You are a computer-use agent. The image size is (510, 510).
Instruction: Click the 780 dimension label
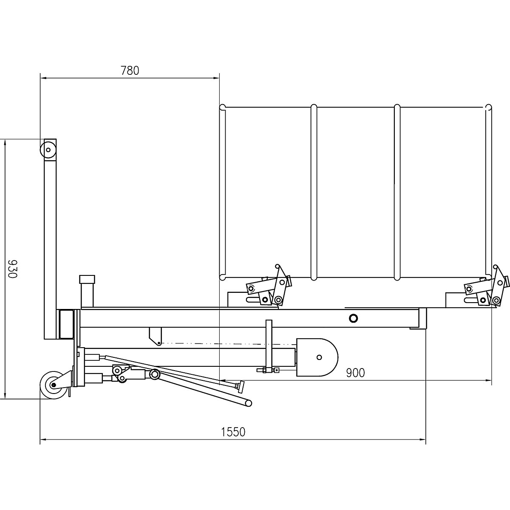click(x=130, y=71)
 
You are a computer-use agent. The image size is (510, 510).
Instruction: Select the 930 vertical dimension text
click(x=12, y=268)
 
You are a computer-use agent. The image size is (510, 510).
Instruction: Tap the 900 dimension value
click(x=355, y=373)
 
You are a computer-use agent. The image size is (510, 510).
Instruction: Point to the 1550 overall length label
click(x=233, y=432)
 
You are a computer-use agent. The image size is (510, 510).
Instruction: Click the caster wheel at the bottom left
click(x=54, y=385)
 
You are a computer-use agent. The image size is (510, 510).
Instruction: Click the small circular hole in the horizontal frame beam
click(x=353, y=318)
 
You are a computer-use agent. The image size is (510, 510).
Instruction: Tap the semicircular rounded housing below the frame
click(x=317, y=357)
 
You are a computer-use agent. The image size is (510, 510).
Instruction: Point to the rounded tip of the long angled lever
click(x=249, y=402)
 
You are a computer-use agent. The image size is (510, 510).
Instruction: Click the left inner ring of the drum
click(x=314, y=192)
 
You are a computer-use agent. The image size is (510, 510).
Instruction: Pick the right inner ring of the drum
click(x=397, y=192)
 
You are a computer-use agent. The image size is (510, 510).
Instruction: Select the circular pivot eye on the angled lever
click(x=155, y=374)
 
